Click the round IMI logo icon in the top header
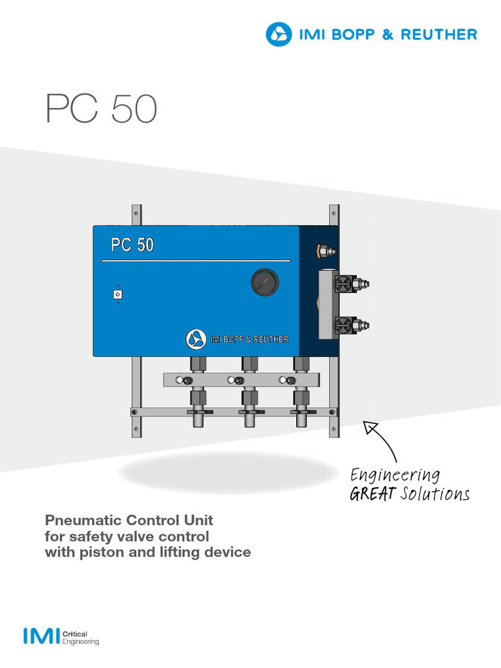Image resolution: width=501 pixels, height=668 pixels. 279,34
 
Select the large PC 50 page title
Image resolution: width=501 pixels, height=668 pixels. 101,109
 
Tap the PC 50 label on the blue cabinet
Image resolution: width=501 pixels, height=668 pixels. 132,245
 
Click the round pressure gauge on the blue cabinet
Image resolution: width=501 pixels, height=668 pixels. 264,284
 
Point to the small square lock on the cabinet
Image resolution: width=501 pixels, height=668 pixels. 117,295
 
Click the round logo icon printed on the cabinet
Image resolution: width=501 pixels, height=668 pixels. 195,339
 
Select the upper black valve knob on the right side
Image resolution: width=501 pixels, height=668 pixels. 342,283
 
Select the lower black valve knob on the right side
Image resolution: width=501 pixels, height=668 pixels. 342,324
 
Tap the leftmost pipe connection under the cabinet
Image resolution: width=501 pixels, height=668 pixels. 197,395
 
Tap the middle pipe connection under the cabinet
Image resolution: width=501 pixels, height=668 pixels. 249,395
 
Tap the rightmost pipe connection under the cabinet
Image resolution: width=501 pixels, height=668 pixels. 301,395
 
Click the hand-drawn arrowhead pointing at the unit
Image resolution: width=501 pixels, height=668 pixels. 371,427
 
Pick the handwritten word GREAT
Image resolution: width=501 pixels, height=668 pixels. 372,494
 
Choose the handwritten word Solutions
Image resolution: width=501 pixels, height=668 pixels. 435,494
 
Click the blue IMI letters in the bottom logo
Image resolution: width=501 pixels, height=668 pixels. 40,636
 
